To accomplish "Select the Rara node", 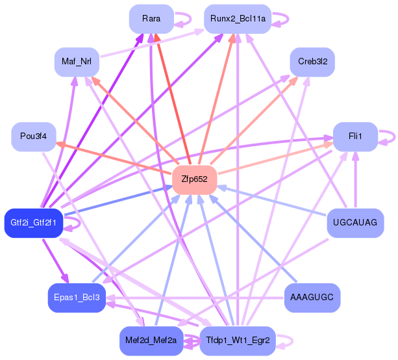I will (151, 19).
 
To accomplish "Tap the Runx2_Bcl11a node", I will (238, 19).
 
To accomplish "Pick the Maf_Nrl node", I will (76, 62).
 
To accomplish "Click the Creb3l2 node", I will (312, 62).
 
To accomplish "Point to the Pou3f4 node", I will (33, 136).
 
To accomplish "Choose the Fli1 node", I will (354, 136).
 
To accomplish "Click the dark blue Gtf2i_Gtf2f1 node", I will (33, 223).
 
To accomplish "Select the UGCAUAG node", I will (355, 223).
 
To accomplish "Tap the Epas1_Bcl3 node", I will (77, 298).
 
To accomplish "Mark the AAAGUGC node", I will (312, 298).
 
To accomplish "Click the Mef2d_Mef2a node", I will (151, 341).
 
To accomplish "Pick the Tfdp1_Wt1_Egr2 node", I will (238, 341).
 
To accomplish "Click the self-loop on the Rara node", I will (186, 19).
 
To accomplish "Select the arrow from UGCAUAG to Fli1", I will (355, 182).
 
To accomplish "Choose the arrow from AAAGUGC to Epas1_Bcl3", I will (195, 298).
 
